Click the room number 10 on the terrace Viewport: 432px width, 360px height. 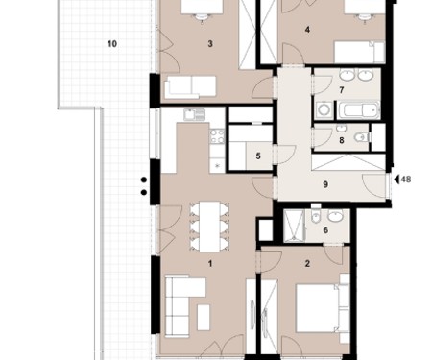(112, 44)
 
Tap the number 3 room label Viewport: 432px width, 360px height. (210, 44)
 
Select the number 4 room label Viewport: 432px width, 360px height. (307, 30)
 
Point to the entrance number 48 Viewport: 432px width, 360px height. (406, 180)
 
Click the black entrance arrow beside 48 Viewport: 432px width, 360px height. (396, 180)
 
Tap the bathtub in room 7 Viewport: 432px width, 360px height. (359, 110)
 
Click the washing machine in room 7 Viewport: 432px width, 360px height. (324, 109)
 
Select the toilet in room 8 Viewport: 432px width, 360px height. (363, 137)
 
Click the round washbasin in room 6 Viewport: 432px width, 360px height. (335, 216)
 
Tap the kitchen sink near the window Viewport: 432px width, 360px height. (194, 114)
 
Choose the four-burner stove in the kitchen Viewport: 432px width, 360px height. (217, 136)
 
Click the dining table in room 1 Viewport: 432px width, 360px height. (209, 227)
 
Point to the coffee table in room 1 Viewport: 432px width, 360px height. (204, 317)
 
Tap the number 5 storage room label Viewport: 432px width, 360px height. (258, 156)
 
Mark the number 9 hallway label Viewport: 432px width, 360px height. (325, 184)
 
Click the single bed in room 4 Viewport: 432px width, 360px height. (359, 52)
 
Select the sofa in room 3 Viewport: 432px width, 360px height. (190, 87)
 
